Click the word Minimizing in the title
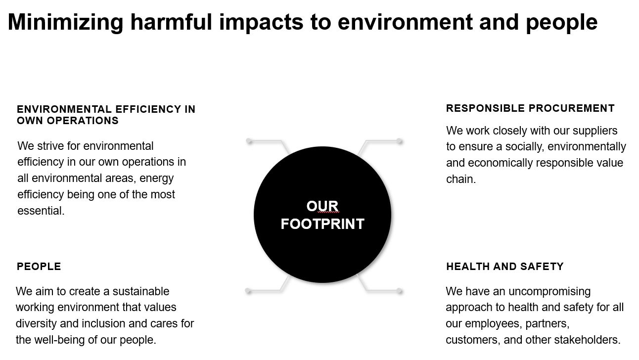click(x=66, y=22)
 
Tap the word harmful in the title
click(x=171, y=22)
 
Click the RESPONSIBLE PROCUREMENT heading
click(x=530, y=108)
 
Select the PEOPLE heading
click(x=39, y=267)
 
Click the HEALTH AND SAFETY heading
click(x=505, y=267)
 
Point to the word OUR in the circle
click(x=322, y=206)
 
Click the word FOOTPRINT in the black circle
click(x=322, y=224)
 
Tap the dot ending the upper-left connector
click(x=249, y=141)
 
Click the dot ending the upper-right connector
click(x=400, y=141)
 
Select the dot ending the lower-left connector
click(x=248, y=291)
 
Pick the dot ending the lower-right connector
click(x=400, y=291)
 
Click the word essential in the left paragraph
click(x=41, y=211)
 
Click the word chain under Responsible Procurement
click(x=461, y=179)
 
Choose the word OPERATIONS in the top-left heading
click(x=83, y=121)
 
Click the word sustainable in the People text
click(x=141, y=291)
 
